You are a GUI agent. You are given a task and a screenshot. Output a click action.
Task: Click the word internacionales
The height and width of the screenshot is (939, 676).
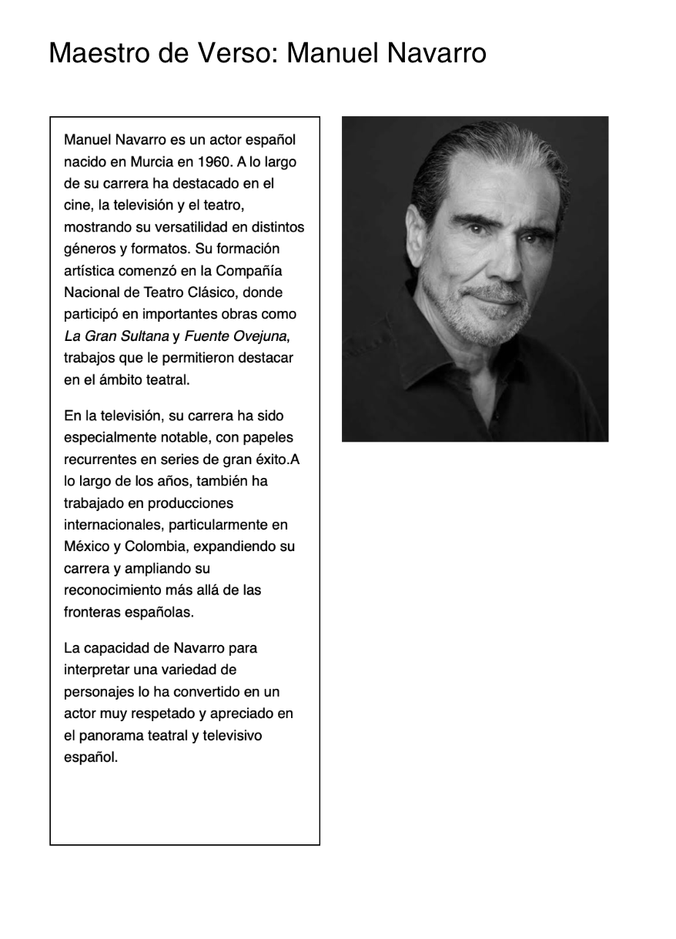coord(111,525)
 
